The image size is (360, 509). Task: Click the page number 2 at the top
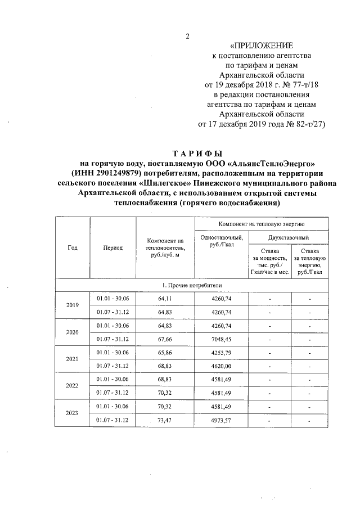pos(188,38)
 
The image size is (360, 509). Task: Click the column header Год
pos(72,247)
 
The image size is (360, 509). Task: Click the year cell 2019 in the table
pos(72,305)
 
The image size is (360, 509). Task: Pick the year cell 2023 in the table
pos(72,413)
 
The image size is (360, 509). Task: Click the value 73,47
pos(165,420)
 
